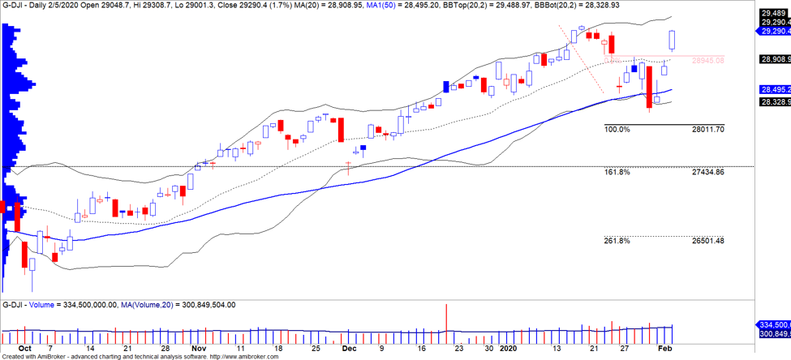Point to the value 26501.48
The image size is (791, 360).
[707, 240]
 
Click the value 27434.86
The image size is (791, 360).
[707, 173]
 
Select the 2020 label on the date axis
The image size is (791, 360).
[508, 347]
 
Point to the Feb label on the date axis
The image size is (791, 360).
[663, 347]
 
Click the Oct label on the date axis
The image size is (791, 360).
[25, 347]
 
